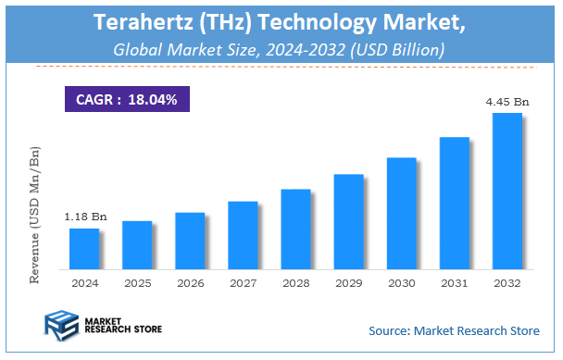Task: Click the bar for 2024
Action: pos(83,249)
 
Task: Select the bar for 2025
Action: pos(136,245)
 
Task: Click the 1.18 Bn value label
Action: pos(85,217)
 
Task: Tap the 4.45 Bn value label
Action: pos(507,102)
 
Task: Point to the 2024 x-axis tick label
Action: pos(84,282)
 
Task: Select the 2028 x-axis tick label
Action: pos(295,282)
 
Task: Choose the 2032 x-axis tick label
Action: pos(507,282)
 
